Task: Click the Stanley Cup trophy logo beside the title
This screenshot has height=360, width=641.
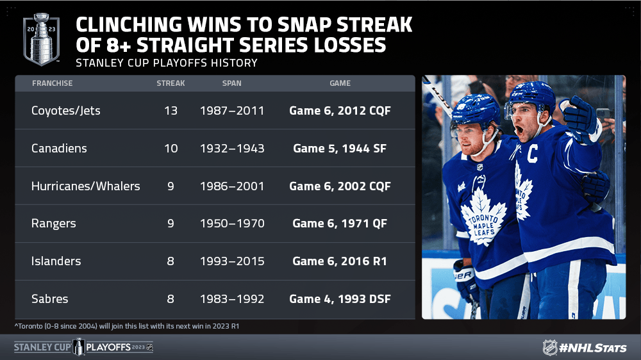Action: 41,39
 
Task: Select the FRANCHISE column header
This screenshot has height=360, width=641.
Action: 53,83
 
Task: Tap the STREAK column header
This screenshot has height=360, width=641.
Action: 171,83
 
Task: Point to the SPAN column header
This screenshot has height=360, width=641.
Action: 232,83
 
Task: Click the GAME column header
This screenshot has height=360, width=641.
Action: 340,83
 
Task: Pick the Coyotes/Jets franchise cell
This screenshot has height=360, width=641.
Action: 66,111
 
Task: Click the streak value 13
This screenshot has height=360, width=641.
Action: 171,111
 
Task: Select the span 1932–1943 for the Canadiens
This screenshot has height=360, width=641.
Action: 232,149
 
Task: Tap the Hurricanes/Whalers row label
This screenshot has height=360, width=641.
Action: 86,186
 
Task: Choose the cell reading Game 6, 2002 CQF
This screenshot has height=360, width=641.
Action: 340,186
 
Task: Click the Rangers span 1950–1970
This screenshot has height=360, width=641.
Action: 232,224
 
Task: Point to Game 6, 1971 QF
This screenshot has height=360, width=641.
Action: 340,224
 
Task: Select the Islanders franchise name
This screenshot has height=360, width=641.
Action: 56,261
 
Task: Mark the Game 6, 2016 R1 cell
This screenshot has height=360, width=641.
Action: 340,261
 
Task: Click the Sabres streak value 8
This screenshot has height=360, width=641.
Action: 171,299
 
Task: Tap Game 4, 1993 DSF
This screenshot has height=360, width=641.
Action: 340,299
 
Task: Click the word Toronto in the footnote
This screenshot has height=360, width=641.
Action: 30,326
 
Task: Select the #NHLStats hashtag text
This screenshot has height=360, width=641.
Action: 593,348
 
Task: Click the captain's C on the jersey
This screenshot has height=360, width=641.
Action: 532,154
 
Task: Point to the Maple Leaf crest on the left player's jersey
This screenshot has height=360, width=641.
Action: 483,218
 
